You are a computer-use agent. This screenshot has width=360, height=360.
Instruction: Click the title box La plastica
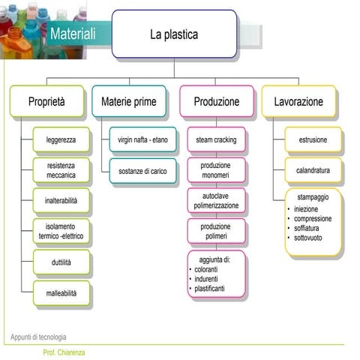pos(174,34)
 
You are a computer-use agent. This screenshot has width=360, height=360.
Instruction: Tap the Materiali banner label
pos(73,34)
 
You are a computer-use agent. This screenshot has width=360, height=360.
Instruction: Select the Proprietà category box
pos(46,101)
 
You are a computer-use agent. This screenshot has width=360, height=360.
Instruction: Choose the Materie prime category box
pos(128,101)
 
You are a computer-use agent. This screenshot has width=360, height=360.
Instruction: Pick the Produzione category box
pos(216,101)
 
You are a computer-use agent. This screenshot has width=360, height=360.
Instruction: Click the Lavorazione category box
pos(298,101)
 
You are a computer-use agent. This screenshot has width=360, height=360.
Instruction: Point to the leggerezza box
pos(61,140)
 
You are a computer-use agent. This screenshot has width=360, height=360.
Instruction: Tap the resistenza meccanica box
pos(61,169)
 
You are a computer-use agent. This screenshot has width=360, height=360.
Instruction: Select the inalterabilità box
pos(61,201)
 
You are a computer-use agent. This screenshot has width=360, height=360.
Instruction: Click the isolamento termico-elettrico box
pos(61,231)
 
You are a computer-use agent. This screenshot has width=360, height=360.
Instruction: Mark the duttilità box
pos(61,262)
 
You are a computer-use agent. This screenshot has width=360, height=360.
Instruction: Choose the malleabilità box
pos(61,293)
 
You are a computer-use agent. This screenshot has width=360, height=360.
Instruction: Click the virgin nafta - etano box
pos(142,140)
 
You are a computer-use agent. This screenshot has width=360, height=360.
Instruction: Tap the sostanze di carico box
pos(142,171)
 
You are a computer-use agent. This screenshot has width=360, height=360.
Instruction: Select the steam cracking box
pos(216,140)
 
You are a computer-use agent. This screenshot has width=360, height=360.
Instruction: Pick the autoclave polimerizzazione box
pos(216,200)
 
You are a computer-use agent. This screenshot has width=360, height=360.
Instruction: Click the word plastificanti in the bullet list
pos(209,289)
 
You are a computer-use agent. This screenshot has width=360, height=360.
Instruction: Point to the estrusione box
pos(312,140)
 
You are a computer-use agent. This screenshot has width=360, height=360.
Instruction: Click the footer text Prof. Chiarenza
pos(64,352)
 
